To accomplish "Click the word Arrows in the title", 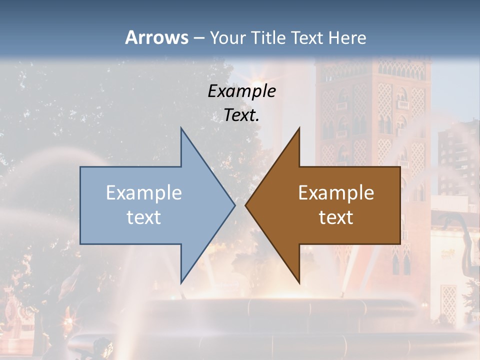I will (156, 37).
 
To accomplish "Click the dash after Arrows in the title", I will (198, 38).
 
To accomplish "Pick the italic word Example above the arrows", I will (242, 91).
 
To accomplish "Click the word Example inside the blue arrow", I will (144, 193).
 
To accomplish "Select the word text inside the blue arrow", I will (144, 217).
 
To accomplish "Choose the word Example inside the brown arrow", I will (336, 193).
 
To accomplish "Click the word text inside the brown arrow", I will (336, 217).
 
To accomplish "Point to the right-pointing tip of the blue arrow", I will (234, 205).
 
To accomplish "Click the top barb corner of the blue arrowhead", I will (181, 128).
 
